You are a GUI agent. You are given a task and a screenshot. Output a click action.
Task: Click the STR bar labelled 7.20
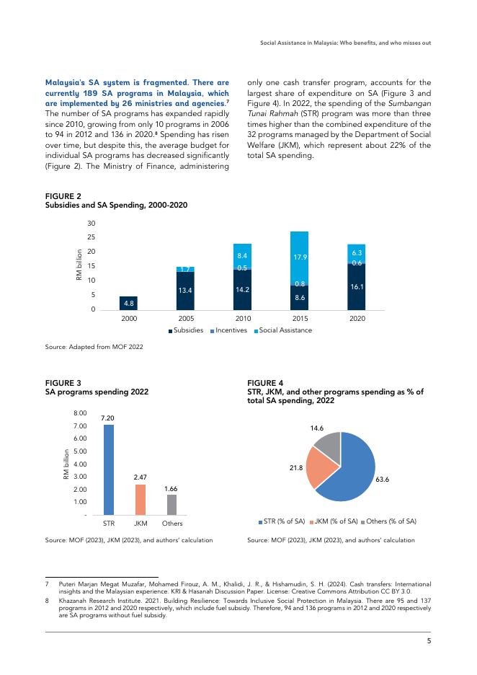pyautogui.click(x=109, y=469)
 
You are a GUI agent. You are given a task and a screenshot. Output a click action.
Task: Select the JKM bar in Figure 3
pyautogui.click(x=141, y=499)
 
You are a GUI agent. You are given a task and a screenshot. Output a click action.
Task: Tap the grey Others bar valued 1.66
pyautogui.click(x=171, y=504)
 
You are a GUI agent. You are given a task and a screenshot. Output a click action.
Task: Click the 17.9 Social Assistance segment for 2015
pyautogui.click(x=299, y=257)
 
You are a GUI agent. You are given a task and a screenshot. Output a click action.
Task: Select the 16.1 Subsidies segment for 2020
pyautogui.click(x=356, y=287)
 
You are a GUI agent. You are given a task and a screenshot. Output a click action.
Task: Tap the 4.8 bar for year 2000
pyautogui.click(x=129, y=304)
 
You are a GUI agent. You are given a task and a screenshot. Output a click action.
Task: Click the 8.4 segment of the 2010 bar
pyautogui.click(x=243, y=255)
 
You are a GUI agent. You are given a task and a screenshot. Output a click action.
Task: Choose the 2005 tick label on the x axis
pyautogui.click(x=186, y=318)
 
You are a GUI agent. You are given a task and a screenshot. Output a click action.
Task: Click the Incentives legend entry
pyautogui.click(x=229, y=330)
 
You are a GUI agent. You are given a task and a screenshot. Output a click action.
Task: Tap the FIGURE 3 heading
pyautogui.click(x=63, y=382)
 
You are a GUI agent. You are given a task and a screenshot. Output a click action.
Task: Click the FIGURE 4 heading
pyautogui.click(x=265, y=382)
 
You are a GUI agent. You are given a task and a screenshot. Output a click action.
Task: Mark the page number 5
pyautogui.click(x=428, y=640)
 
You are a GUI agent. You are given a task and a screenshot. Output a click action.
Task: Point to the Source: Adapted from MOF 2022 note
pyautogui.click(x=94, y=348)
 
